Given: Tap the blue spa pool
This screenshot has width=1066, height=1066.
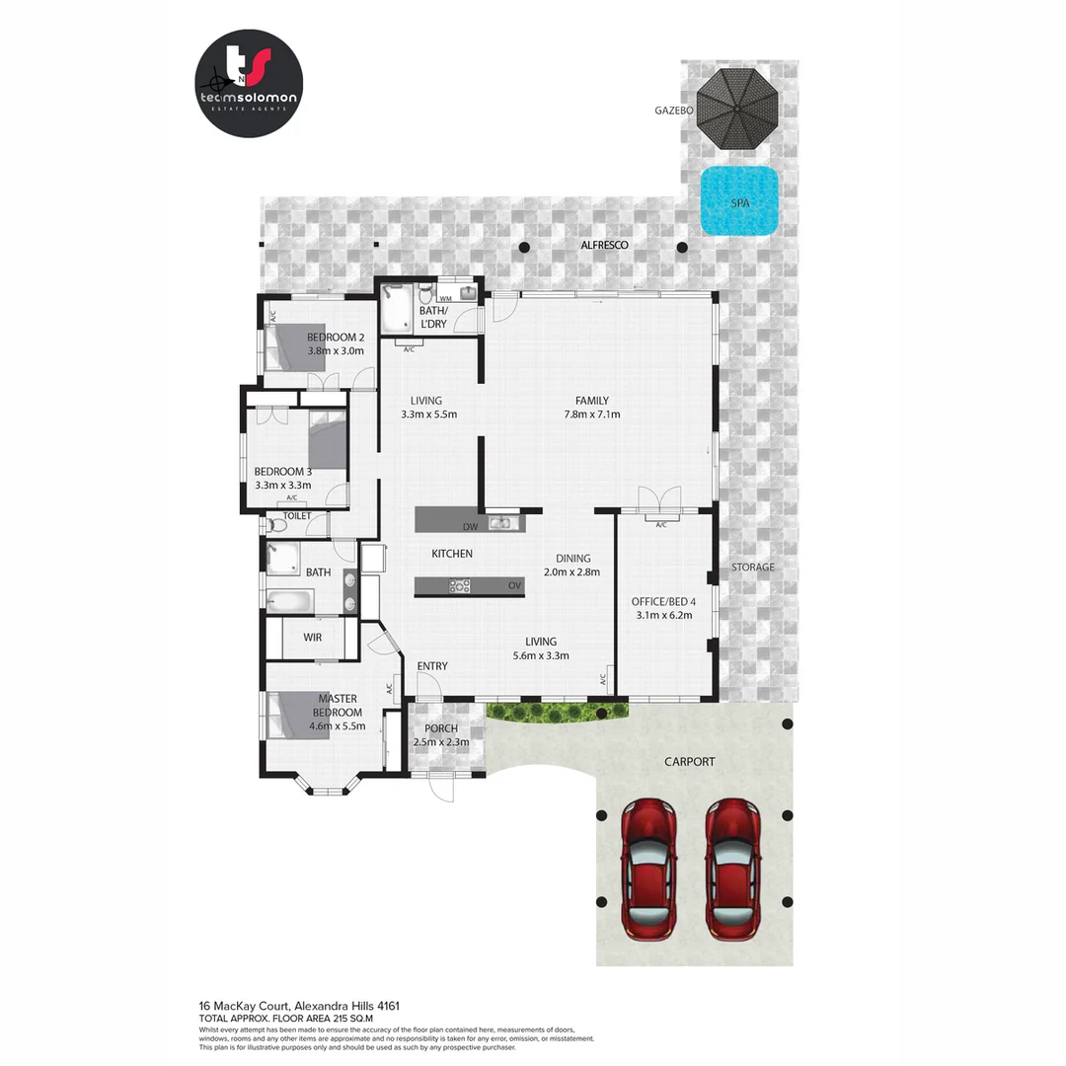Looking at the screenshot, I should click(x=739, y=201).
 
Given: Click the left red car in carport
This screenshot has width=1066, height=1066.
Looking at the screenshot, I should click(x=648, y=868).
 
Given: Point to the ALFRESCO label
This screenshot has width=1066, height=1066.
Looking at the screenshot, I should click(x=603, y=245).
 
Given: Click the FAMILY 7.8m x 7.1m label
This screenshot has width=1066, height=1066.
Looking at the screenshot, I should click(x=592, y=408).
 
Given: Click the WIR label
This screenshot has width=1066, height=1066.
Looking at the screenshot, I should click(x=313, y=638).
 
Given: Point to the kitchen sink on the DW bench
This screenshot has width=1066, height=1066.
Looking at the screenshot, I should click(x=500, y=522).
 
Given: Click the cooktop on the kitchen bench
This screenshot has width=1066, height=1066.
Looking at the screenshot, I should click(x=460, y=585).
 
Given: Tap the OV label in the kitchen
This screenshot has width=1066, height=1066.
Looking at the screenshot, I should click(x=514, y=586).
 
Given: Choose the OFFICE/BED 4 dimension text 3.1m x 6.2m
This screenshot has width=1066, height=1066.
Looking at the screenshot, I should click(x=661, y=615).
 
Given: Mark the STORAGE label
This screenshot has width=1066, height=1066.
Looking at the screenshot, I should click(x=752, y=568).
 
